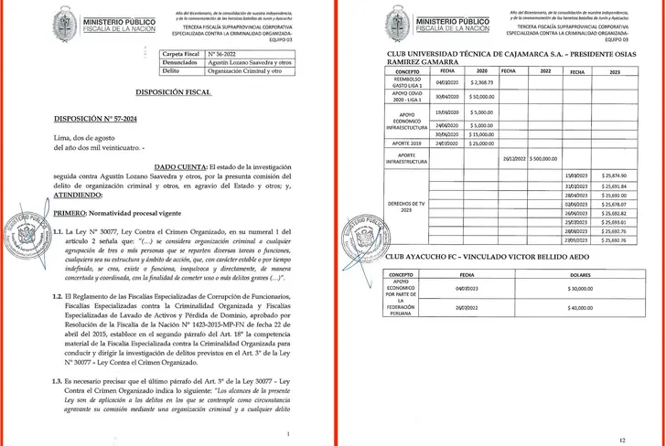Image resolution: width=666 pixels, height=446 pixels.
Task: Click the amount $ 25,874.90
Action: pos(615,175)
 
